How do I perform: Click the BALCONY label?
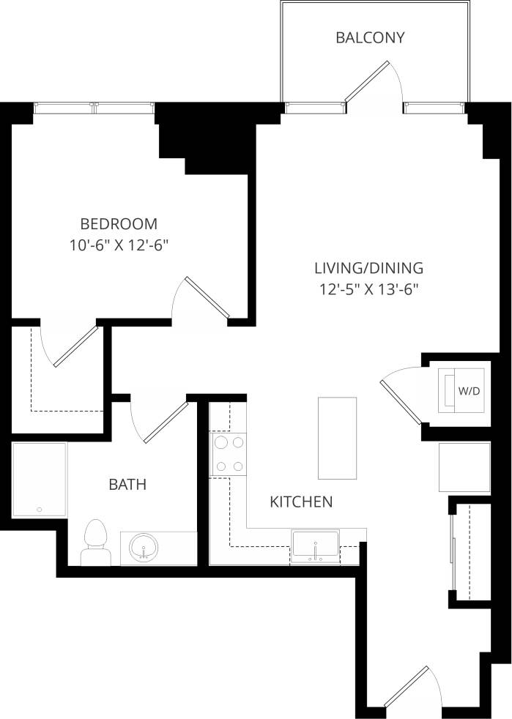coord(370,38)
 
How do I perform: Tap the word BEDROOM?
coord(119,223)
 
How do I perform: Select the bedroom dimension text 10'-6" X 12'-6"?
coord(119,245)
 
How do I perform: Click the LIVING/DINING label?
coord(368,267)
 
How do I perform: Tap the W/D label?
coord(469,391)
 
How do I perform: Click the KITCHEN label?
coord(302,502)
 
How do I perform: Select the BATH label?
coord(127,484)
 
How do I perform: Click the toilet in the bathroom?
coord(95,543)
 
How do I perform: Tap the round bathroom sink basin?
coord(143,548)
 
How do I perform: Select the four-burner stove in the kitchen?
coord(229,454)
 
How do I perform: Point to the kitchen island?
coord(337,437)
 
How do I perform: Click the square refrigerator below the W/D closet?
coord(464,466)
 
